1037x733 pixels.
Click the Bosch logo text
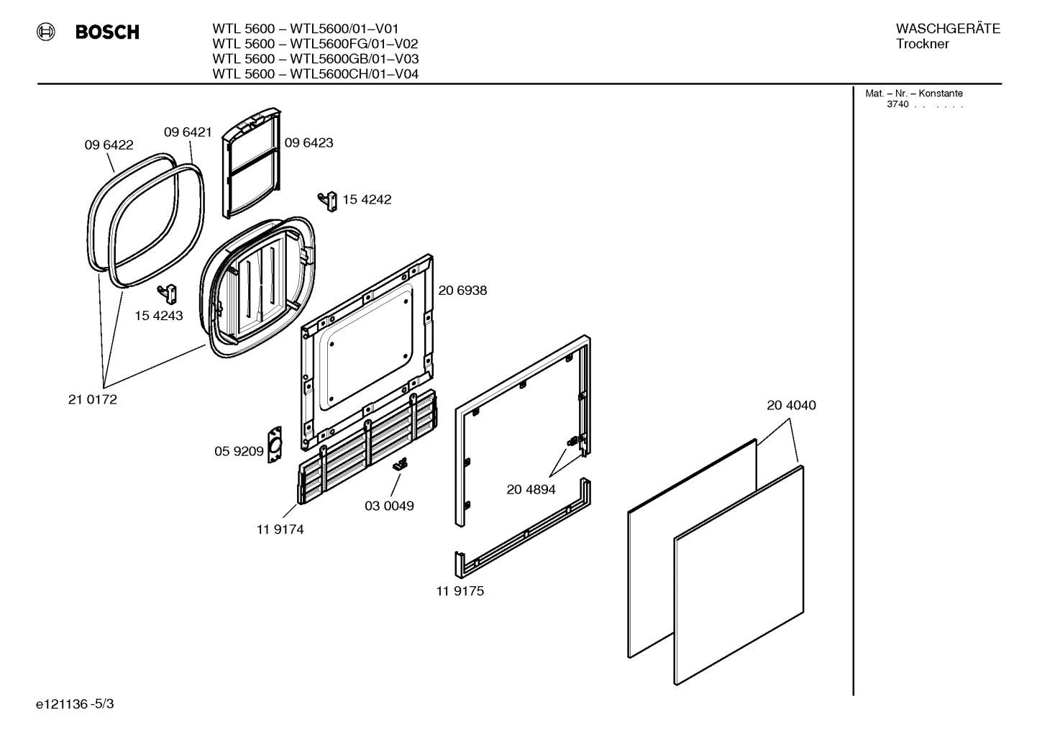[107, 32]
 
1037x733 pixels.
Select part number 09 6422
[109, 145]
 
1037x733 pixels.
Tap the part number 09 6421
[188, 132]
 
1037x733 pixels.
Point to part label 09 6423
[309, 142]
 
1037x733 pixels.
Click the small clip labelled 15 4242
[329, 201]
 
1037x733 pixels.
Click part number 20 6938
[462, 290]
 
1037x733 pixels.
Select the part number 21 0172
[92, 399]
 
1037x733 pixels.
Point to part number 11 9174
[280, 529]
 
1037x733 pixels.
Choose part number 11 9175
[460, 591]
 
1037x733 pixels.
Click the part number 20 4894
[531, 489]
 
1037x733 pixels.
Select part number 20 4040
[791, 405]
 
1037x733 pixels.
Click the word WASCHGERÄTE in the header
[947, 29]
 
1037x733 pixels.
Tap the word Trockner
[922, 44]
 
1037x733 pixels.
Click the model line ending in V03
[315, 59]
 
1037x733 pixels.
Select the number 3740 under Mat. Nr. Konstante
[897, 104]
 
